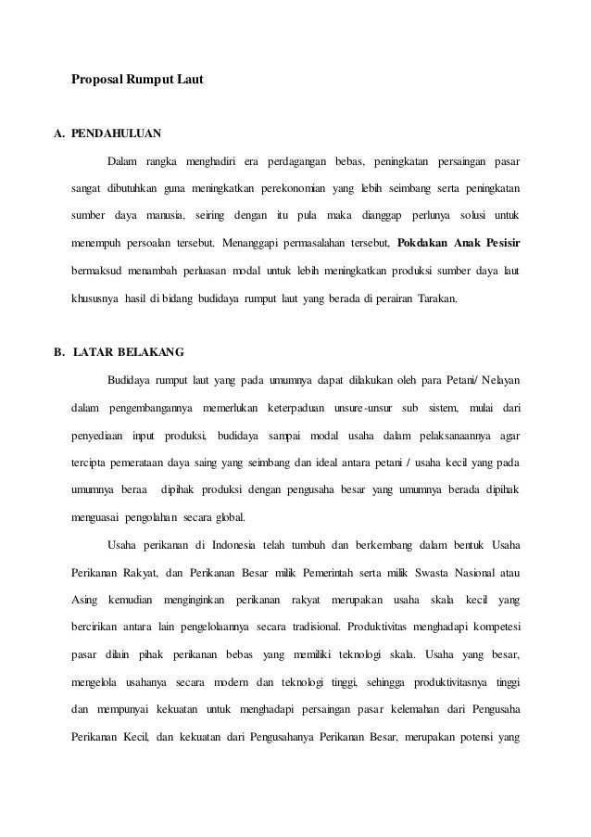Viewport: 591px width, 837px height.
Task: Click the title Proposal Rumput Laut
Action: click(x=137, y=81)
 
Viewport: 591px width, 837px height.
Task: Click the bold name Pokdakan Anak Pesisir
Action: click(x=458, y=245)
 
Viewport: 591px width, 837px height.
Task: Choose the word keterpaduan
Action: click(x=298, y=408)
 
